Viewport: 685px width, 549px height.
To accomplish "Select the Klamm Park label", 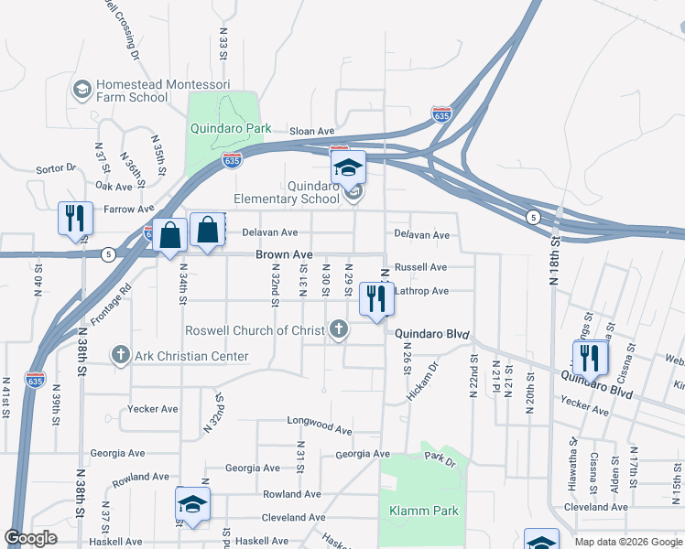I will coord(423,511).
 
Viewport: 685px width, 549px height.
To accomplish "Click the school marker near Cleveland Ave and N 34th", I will coord(193,506).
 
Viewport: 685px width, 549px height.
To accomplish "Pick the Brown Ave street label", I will coord(284,254).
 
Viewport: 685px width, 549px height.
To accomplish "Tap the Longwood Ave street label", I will coord(319,429).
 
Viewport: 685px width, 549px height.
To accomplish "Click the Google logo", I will coord(31,538).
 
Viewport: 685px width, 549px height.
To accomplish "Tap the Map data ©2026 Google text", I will coord(627,542).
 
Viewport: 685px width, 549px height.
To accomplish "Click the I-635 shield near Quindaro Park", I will coord(232,160).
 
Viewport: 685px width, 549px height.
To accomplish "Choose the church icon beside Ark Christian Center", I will coord(120,355).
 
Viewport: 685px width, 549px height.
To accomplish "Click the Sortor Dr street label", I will coord(56,168).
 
